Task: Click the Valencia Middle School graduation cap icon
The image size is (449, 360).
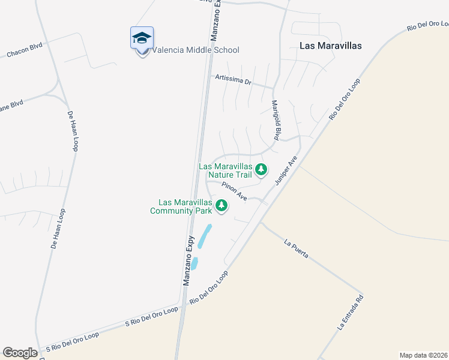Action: (142, 38)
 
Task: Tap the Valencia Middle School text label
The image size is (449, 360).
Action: (196, 50)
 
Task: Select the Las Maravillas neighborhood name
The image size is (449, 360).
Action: (330, 46)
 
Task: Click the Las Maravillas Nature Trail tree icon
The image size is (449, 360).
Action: (261, 170)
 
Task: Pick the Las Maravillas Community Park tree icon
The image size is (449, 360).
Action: (222, 206)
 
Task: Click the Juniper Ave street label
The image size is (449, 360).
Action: (286, 170)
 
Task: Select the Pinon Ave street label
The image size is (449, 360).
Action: (234, 192)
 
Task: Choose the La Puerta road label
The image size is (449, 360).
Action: (297, 249)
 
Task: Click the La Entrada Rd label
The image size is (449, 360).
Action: (351, 312)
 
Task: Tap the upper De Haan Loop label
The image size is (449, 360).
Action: (73, 131)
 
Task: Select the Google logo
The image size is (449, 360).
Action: (20, 353)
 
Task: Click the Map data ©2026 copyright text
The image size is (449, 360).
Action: (423, 355)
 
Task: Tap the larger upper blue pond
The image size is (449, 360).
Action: (205, 236)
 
